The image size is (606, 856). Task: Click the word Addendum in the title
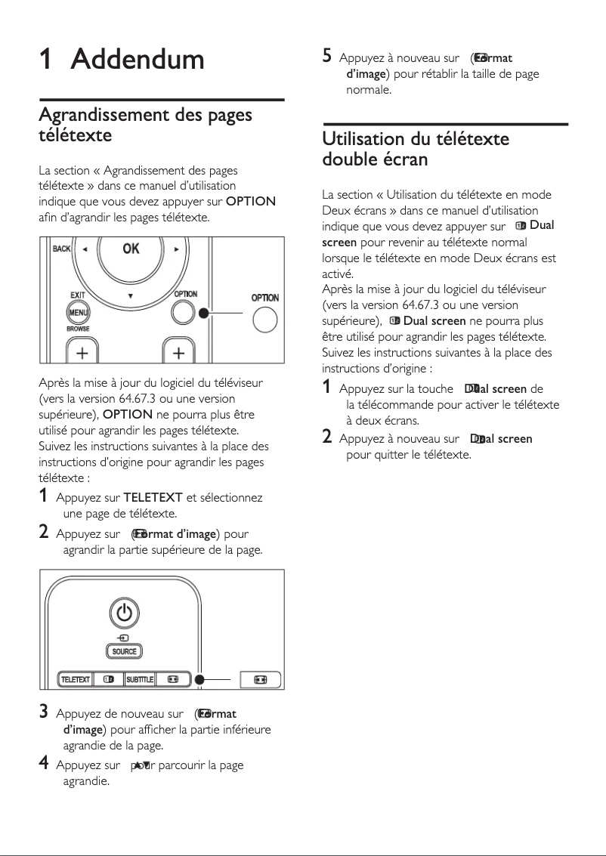pos(138,59)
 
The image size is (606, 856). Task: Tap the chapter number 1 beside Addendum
pos(46,59)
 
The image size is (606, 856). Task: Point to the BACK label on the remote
pos(61,249)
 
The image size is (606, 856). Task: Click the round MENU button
pos(78,312)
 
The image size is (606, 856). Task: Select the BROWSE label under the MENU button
pos(78,329)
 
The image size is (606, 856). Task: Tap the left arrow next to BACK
pos(84,249)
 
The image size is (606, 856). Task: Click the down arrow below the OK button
pos(130,295)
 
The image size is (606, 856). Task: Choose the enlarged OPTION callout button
pos(264,320)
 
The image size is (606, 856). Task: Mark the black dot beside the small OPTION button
pos(203,312)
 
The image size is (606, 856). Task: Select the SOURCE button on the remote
pos(125,651)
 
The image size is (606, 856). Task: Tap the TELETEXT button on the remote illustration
pos(75,679)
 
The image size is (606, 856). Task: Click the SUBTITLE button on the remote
pos(140,679)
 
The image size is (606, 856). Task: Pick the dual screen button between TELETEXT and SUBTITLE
pos(108,679)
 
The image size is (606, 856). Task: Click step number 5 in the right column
pos(326,56)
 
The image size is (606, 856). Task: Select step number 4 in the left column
pos(44,764)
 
